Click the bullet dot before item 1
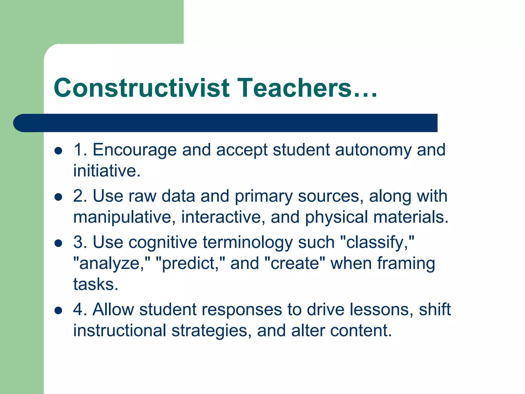[x=58, y=151]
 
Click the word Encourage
[x=135, y=150]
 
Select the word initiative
[x=107, y=171]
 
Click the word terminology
[x=247, y=243]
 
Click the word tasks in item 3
[x=96, y=284]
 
